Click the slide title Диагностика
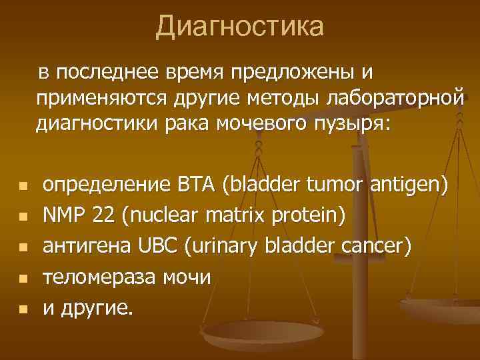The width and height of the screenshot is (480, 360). tap(240, 27)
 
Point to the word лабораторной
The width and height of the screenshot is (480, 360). tap(393, 97)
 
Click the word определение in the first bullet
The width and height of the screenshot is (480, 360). tap(105, 185)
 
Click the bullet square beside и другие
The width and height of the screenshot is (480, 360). tap(22, 309)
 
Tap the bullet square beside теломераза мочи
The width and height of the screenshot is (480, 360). tap(22, 279)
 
